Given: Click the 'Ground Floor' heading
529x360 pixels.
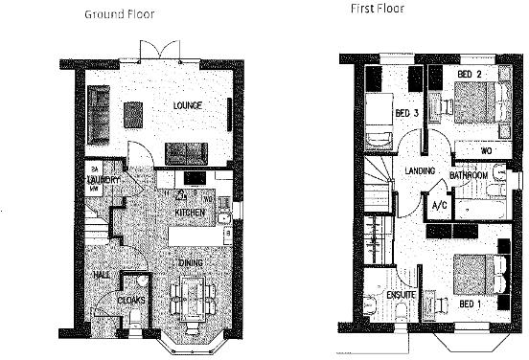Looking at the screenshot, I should point(120,14).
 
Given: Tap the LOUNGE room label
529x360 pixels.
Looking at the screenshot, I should point(187,104).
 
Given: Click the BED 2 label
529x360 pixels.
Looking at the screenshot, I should point(469,75).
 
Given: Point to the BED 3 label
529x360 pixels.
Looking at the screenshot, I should point(407,113).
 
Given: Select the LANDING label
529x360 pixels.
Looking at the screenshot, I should point(421,171).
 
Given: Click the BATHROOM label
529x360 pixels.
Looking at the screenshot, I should point(471,177).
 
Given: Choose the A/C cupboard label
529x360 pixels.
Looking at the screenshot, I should point(440,205).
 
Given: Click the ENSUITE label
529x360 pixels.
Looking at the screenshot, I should point(401,295).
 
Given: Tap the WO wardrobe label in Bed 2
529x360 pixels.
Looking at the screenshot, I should point(486,150).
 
